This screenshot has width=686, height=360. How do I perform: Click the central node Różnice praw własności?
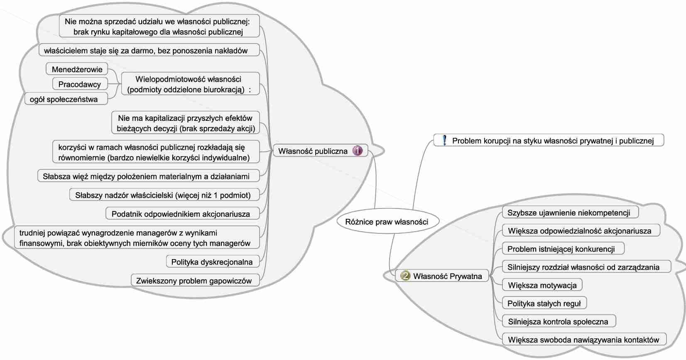[x=387, y=222]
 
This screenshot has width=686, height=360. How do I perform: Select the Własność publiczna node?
[x=313, y=151]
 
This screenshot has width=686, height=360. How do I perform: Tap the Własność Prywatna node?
[x=447, y=276]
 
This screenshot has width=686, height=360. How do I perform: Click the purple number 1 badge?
[x=358, y=151]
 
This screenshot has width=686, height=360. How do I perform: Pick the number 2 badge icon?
[x=404, y=276]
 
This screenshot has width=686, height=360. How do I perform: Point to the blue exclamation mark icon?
[x=444, y=140]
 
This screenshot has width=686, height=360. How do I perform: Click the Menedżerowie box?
[x=77, y=69]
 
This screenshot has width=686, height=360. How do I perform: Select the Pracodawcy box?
[x=79, y=84]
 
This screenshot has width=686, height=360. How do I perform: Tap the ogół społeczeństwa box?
[x=64, y=99]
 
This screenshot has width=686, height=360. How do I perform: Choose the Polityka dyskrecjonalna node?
[x=212, y=262]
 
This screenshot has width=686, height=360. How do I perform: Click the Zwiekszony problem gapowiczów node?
[x=194, y=281]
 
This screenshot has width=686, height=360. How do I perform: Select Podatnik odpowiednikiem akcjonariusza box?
[x=181, y=214]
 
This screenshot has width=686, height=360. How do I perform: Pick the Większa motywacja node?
[x=542, y=285]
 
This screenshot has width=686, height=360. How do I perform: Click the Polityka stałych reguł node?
[x=544, y=304]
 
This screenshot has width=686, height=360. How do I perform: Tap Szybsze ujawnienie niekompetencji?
[x=568, y=213]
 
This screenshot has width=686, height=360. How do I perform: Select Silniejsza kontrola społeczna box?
[x=558, y=322]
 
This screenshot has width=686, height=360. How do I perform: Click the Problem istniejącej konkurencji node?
[x=561, y=249]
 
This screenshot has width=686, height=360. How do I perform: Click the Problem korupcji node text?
[x=553, y=141]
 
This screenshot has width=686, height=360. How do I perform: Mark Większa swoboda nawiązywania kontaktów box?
[x=583, y=340]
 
